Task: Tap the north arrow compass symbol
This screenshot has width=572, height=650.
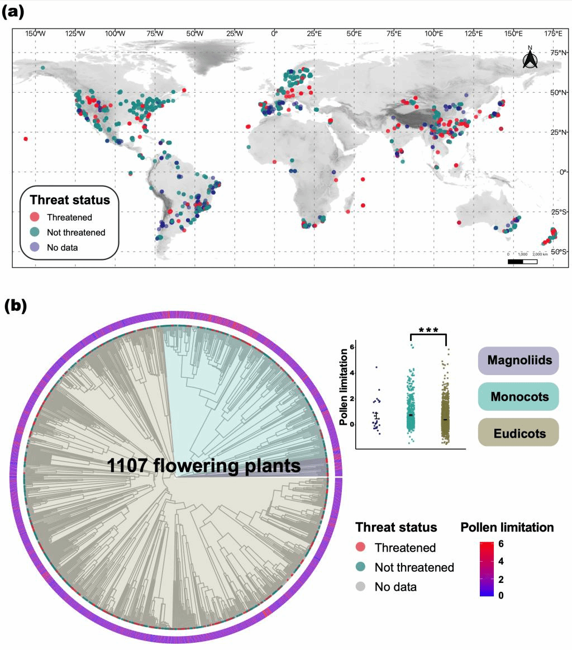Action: [x=530, y=58]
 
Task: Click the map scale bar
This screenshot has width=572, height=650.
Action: [x=522, y=261]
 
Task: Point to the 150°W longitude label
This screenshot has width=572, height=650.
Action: [x=35, y=34]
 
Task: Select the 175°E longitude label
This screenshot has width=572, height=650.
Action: [x=553, y=34]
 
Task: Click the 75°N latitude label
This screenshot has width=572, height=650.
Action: [x=556, y=53]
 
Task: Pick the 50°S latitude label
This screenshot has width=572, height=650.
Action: [x=556, y=252]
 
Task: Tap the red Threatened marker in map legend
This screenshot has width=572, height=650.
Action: [x=35, y=217]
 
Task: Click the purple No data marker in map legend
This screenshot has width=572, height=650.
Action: [x=35, y=246]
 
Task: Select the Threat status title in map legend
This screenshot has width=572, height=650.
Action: [x=70, y=200]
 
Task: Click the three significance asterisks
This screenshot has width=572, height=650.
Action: [x=428, y=329]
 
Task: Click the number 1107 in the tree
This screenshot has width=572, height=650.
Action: [x=128, y=466]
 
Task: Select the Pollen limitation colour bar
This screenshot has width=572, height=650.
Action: [x=487, y=569]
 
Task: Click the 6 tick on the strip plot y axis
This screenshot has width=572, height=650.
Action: [x=352, y=347]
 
